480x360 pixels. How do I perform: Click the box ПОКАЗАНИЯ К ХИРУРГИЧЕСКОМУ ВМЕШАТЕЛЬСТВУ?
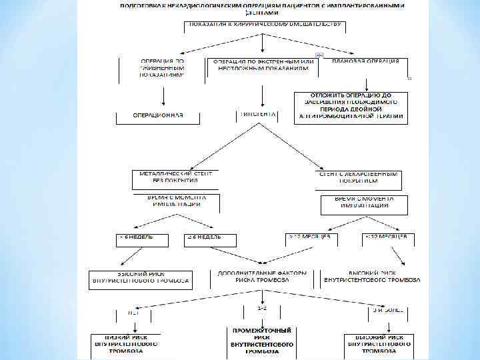click(x=265, y=26)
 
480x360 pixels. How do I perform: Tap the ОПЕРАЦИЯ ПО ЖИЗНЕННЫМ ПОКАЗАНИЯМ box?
click(x=161, y=68)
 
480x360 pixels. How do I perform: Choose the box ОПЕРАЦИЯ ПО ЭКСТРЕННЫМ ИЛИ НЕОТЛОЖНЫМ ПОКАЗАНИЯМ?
click(x=262, y=65)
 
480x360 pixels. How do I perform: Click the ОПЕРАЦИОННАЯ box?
click(x=158, y=116)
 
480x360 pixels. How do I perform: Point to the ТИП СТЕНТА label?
click(x=257, y=115)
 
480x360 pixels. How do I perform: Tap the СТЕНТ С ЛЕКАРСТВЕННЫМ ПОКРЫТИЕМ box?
click(x=358, y=177)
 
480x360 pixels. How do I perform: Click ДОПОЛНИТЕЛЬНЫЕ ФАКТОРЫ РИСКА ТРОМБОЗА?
click(x=263, y=277)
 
